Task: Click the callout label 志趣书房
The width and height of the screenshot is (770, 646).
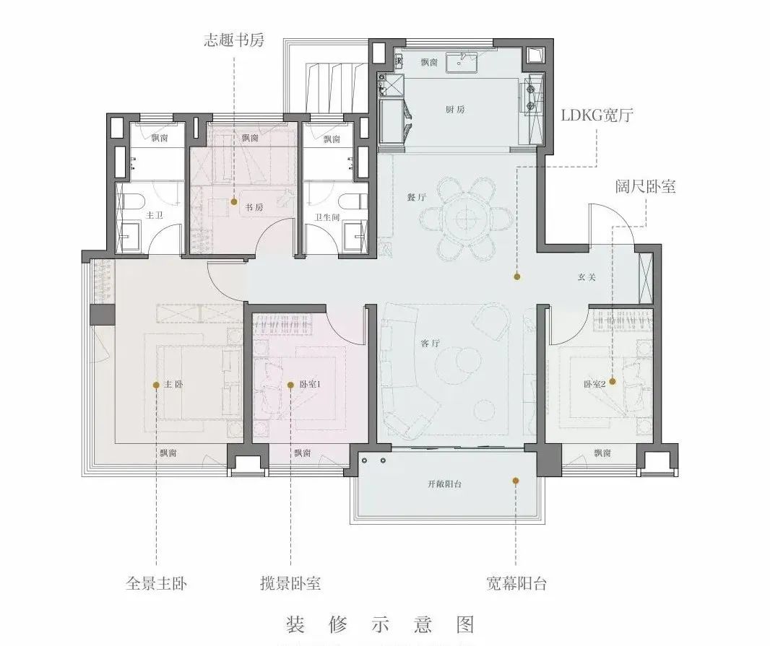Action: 233,40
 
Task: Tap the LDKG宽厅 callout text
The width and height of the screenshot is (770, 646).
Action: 597,115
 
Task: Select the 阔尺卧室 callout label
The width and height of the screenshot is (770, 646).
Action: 645,186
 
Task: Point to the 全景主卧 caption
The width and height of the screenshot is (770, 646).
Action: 156,582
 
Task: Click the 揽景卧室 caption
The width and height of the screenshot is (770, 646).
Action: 290,582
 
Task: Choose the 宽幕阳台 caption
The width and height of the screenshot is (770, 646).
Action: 516,582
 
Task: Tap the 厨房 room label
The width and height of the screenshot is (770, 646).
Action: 454,110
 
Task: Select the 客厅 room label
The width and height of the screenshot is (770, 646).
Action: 431,344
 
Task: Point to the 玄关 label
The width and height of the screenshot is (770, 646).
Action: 587,277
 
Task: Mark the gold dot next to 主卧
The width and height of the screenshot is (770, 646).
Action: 156,385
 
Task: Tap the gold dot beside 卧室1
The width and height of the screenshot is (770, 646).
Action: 291,385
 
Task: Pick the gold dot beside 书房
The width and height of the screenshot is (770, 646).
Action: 234,202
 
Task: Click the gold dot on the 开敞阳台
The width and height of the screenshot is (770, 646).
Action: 516,479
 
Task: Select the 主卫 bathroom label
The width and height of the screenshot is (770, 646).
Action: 155,214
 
